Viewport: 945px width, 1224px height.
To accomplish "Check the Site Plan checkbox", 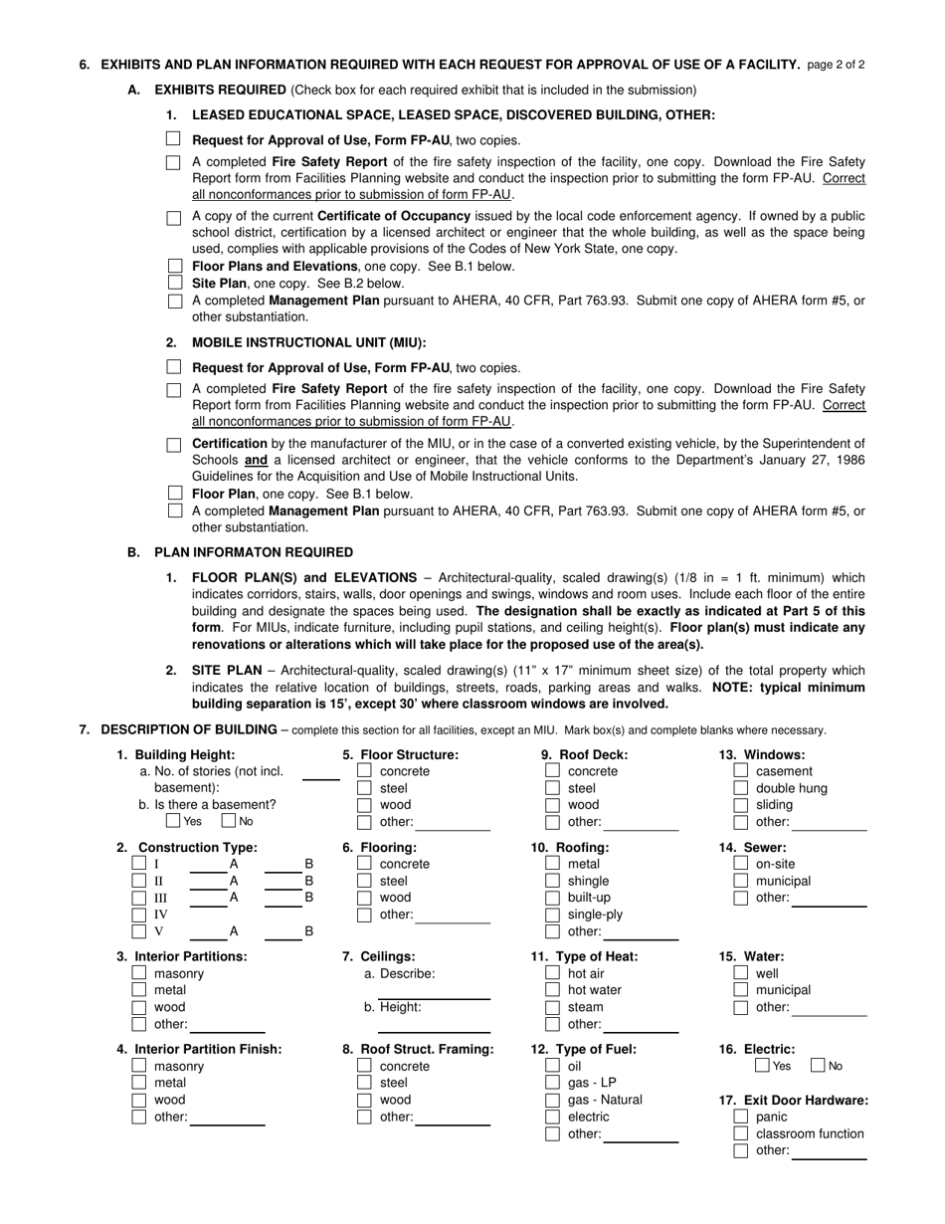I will [x=176, y=283].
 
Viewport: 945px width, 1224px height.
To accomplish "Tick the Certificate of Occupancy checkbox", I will [x=174, y=217].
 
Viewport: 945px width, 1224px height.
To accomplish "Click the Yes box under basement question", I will [x=173, y=821].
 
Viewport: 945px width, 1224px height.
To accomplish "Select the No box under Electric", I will [x=819, y=1066].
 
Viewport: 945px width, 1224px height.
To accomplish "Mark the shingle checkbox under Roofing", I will [x=552, y=881].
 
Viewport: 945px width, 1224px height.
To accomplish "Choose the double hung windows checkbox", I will [x=740, y=788].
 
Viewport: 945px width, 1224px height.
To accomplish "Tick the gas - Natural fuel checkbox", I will [x=552, y=1100].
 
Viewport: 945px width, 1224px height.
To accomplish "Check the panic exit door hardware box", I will [x=740, y=1117].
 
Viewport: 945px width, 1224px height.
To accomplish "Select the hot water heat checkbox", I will [x=552, y=990].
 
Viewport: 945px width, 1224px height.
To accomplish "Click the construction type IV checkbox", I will [x=139, y=915].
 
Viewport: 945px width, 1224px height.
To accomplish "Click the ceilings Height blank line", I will [x=434, y=1031].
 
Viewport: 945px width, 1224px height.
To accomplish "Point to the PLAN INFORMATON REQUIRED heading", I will [x=253, y=552].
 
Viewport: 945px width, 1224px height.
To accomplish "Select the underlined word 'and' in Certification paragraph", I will [x=256, y=460].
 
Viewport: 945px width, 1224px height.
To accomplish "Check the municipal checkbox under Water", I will [x=740, y=990].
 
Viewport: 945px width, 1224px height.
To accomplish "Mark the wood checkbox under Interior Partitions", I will [x=139, y=1007].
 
